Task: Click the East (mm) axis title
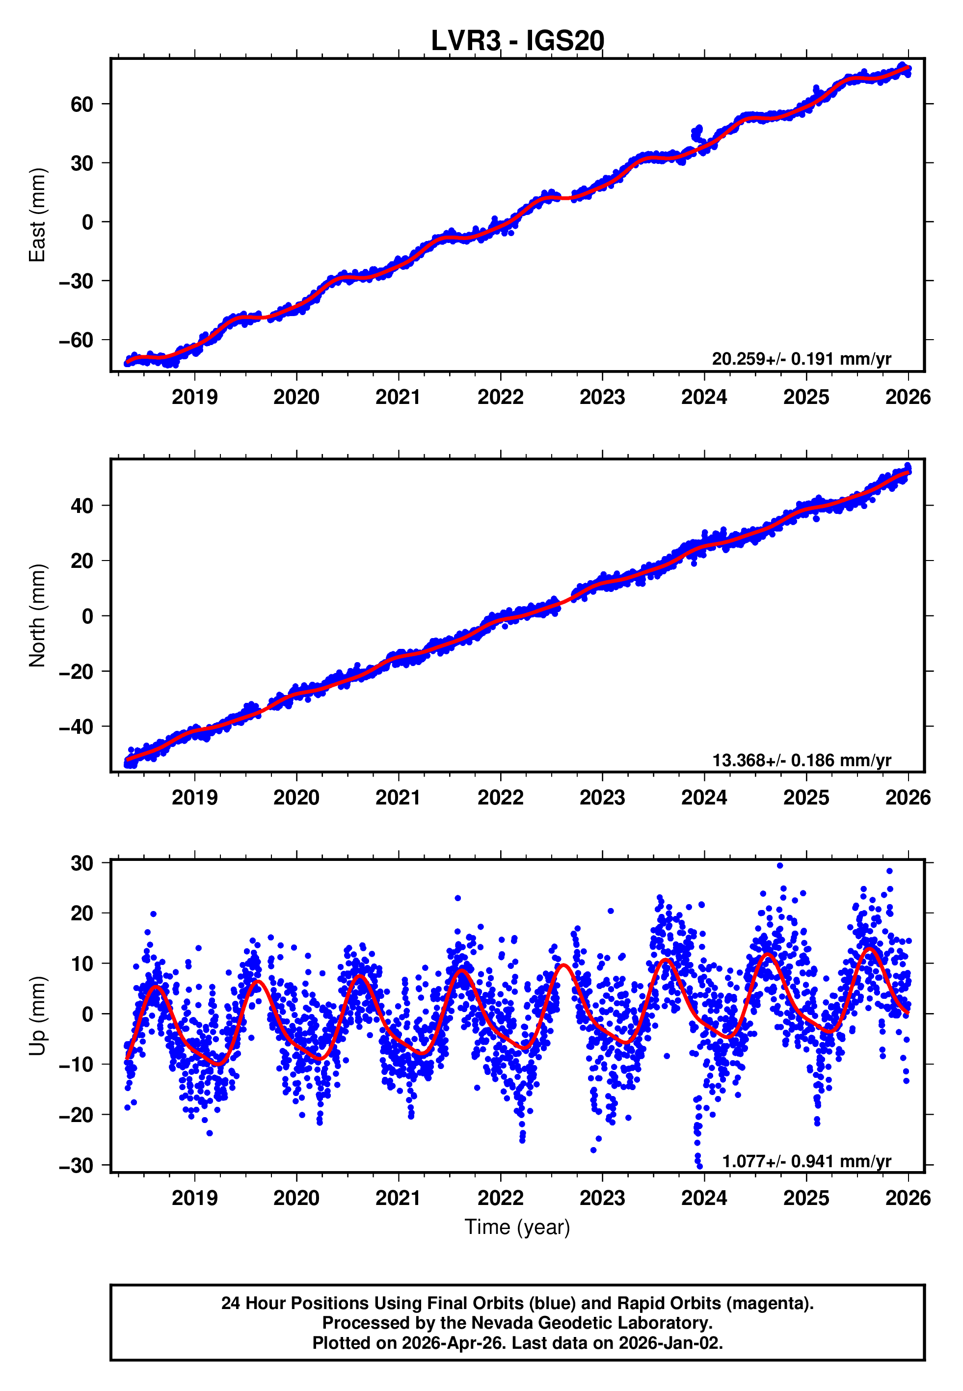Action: tap(37, 215)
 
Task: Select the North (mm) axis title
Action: tap(37, 615)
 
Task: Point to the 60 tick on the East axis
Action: tap(81, 105)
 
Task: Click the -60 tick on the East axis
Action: tap(76, 340)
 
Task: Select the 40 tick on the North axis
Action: tap(81, 506)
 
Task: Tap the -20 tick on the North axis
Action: tap(76, 671)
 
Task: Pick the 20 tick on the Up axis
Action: tap(81, 913)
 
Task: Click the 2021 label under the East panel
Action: tap(398, 397)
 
